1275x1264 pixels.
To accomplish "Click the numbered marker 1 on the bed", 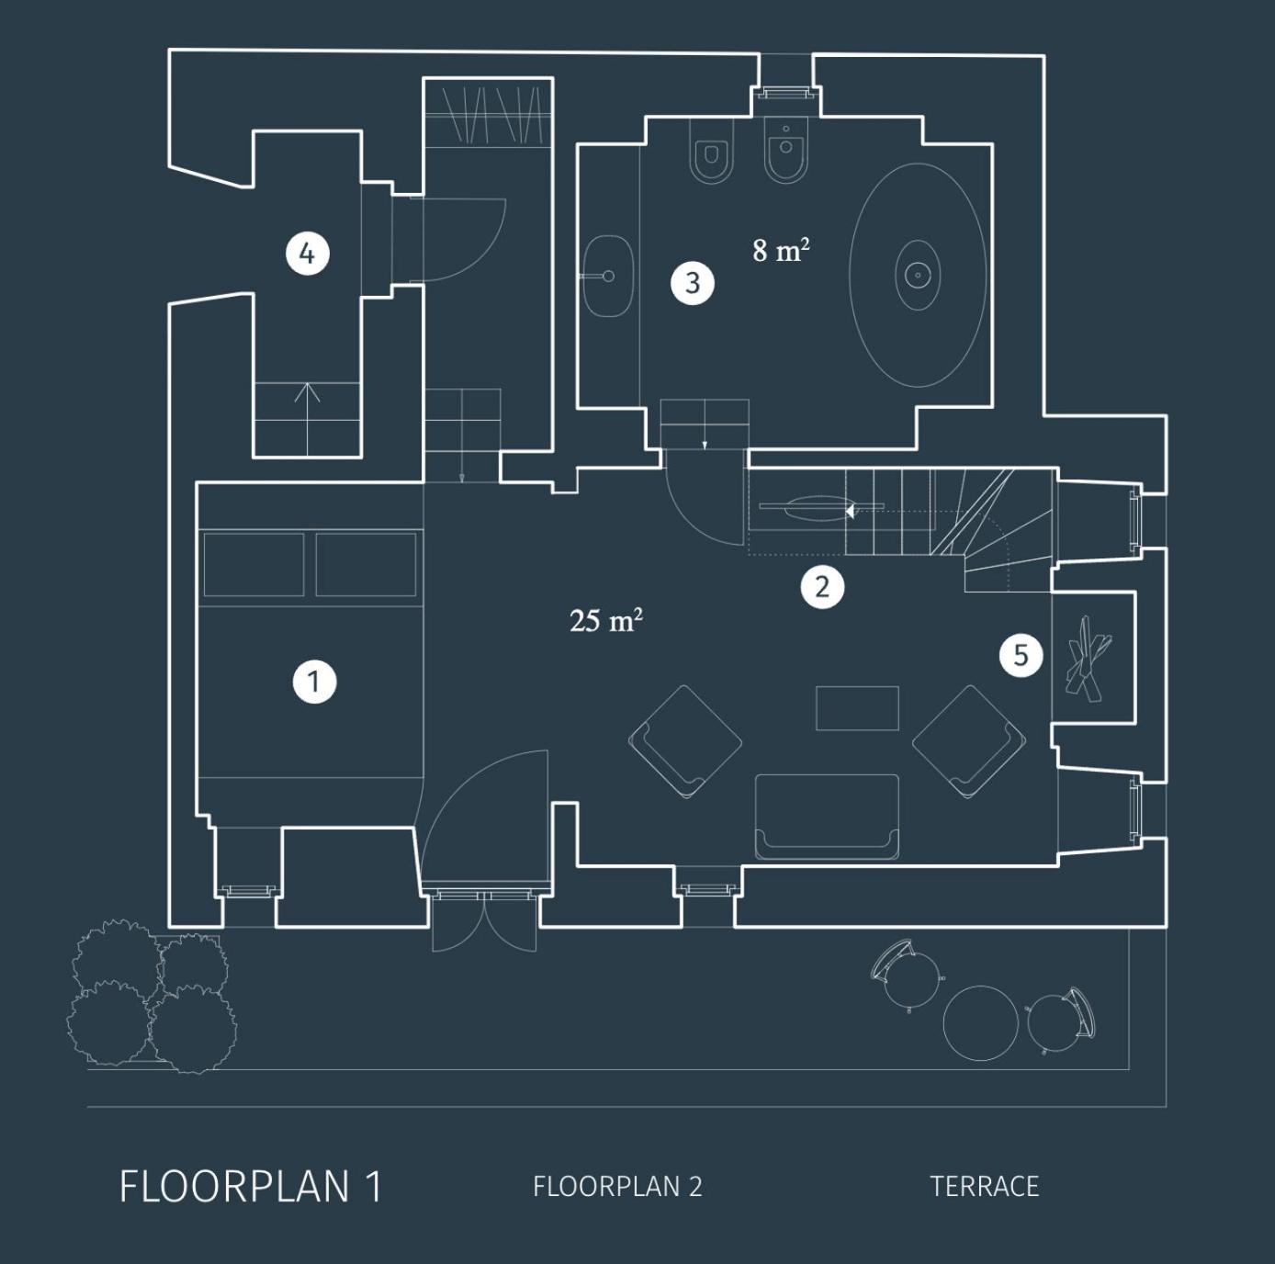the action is point(314,681).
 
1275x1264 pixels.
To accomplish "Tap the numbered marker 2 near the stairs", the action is point(822,586).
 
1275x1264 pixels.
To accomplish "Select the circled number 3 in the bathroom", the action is point(692,283).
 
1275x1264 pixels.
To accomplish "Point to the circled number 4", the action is point(307,254).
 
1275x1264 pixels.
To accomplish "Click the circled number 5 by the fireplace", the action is point(1021,655).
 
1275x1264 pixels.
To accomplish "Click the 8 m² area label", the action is point(781,250).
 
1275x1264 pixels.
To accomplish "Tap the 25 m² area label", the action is point(606,620).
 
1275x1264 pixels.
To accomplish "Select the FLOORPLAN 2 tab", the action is point(617,1186).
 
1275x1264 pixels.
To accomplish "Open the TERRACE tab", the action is point(984,1186).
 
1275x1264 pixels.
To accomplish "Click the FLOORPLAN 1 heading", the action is point(251,1186).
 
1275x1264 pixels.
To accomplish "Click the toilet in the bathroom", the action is point(711,152).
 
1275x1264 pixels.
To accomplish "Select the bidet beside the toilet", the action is point(786,151).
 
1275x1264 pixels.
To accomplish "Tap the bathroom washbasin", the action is point(608,276).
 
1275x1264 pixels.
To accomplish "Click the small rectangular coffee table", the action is point(857,708).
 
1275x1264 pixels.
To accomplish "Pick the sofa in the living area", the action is point(827,818).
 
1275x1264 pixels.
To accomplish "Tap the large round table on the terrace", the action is point(980,1023).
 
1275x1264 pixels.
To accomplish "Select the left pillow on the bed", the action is point(254,565).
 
